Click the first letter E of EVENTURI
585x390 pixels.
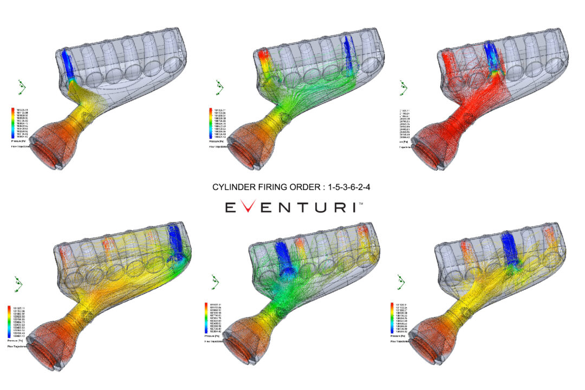tap(230, 208)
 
